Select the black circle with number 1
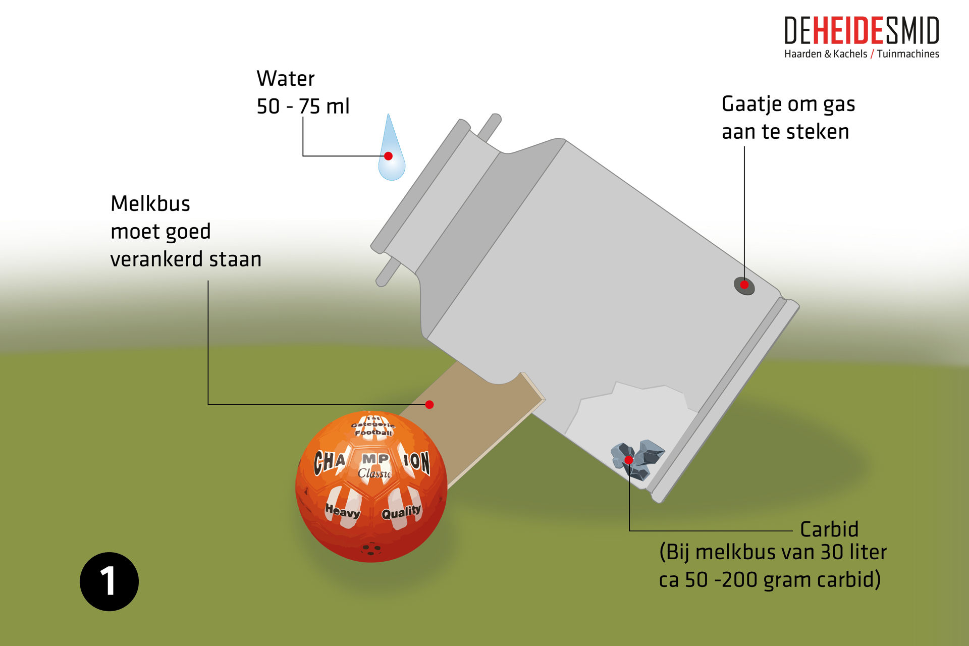[109, 581]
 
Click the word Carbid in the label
[829, 529]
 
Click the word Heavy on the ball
[343, 511]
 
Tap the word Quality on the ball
[401, 513]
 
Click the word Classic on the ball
[374, 473]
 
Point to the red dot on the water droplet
[388, 156]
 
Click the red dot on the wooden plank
[429, 405]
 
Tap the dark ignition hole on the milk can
[744, 285]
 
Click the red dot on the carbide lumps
[629, 460]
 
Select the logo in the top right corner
[861, 39]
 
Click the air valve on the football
[371, 549]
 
